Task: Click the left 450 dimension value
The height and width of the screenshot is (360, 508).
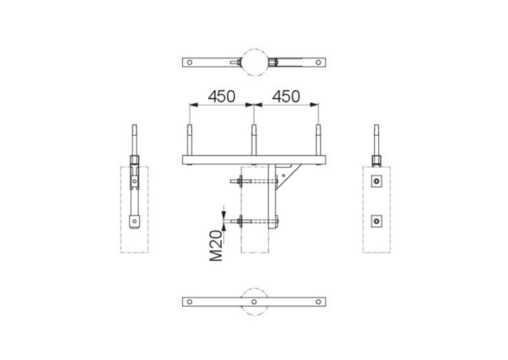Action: point(221,96)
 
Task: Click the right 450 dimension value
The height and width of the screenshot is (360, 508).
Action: point(286,96)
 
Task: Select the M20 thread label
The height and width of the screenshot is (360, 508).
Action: point(216,245)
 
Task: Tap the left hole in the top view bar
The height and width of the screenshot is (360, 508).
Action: point(190,62)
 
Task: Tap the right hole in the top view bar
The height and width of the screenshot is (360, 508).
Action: point(318,62)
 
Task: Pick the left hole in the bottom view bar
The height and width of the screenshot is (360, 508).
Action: point(190,302)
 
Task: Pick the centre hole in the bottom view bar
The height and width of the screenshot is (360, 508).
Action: point(254,302)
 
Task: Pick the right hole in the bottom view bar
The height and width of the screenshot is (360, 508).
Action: point(318,302)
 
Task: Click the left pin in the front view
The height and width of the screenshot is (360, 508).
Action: point(190,140)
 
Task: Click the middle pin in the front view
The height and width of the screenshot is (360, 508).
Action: point(254,140)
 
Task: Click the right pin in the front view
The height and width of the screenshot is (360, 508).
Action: point(318,140)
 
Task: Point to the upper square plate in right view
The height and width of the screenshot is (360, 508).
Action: point(377,181)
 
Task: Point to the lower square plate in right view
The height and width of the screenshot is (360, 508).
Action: point(377,221)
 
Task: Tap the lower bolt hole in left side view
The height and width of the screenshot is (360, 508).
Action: point(134,220)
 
